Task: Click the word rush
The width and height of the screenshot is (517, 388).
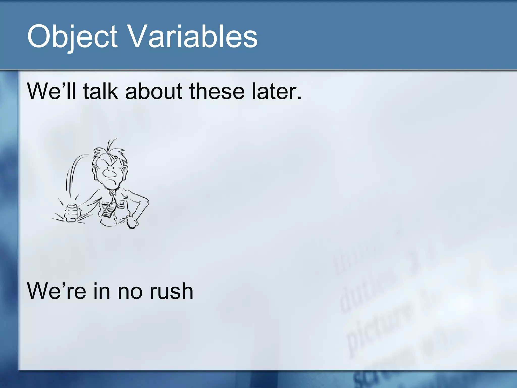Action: (x=171, y=291)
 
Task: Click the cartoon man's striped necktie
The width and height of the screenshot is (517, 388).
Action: (x=110, y=206)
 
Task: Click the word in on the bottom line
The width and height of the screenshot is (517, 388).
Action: (x=102, y=291)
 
